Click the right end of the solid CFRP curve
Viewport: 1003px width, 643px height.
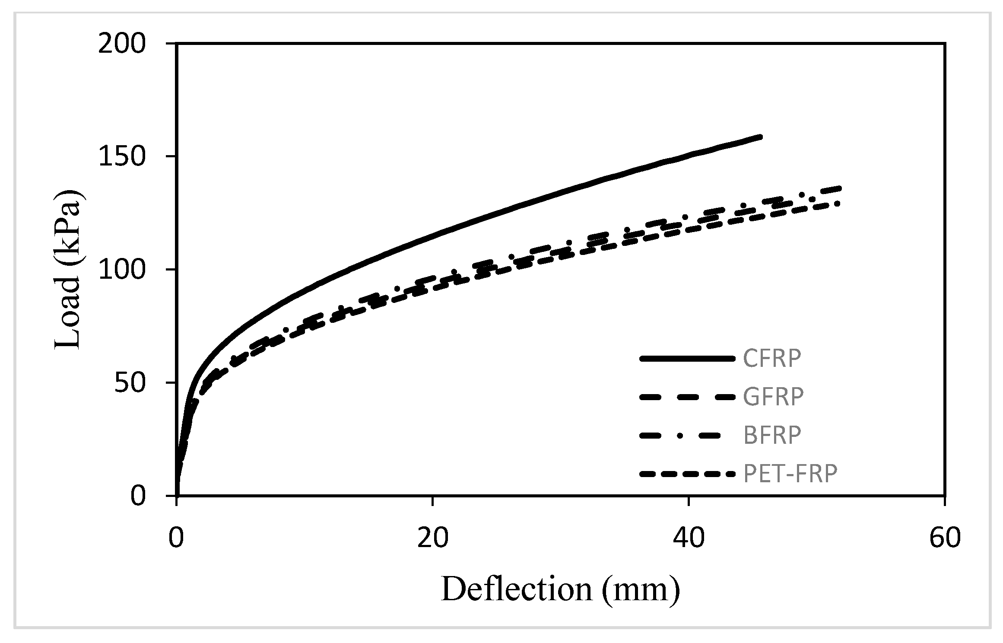[x=760, y=137]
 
